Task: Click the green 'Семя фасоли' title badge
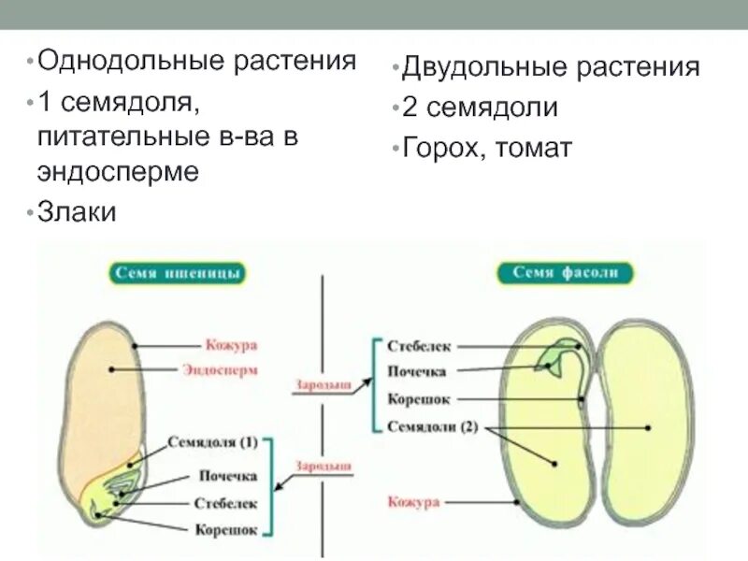(571, 272)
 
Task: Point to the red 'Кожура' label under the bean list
(412, 502)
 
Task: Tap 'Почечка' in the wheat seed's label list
(227, 476)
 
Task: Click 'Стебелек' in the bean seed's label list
(419, 345)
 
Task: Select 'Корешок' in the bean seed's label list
(419, 399)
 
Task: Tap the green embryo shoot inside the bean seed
(558, 352)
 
